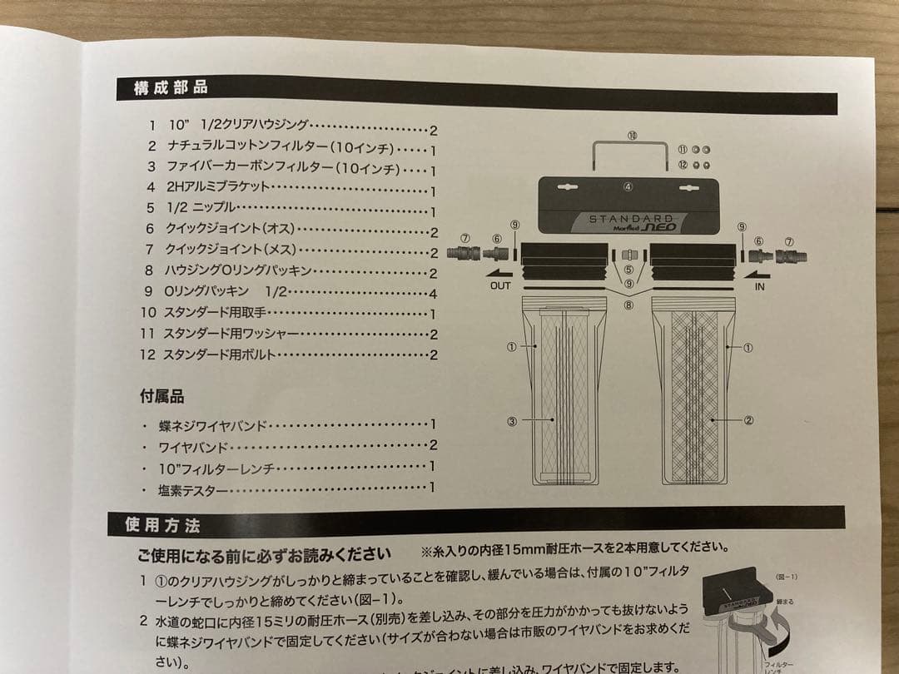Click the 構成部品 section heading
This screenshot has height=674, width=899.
coord(171,87)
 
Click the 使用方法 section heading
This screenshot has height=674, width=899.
coord(162,525)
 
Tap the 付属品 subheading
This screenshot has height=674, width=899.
coord(161,397)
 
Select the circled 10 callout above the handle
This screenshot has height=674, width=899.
coord(633,135)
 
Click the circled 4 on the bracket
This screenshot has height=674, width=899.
coord(628,186)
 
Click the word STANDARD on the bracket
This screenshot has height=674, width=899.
coord(630,219)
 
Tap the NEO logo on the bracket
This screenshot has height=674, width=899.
coord(665,226)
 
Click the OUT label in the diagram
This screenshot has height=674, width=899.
coord(500,285)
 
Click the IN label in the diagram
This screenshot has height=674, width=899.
coord(759,285)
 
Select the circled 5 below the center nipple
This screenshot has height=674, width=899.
coord(628,270)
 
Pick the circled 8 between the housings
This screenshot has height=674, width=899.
coord(628,305)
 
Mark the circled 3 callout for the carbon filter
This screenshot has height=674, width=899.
coord(512,422)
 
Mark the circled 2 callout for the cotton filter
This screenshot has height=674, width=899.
coord(748,420)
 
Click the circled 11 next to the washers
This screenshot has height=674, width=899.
coord(682,149)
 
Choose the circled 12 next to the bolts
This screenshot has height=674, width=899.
coord(682,165)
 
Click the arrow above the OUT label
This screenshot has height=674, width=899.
coord(500,271)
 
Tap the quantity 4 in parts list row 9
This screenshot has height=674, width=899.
coord(433,293)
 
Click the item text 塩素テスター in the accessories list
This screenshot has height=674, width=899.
coord(193,490)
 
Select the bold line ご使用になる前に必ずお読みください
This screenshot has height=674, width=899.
coord(264,554)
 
